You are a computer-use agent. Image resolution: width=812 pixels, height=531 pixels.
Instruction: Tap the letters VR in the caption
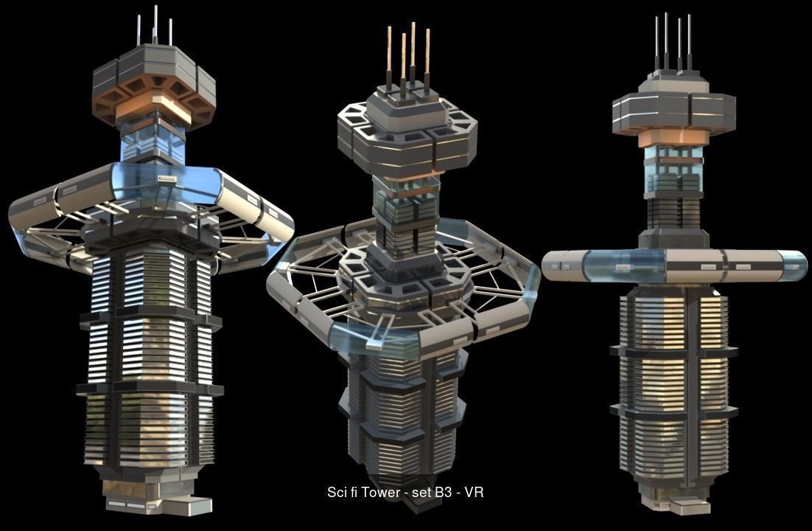[x=475, y=492]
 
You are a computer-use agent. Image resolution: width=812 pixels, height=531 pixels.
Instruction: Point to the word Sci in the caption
[x=337, y=492]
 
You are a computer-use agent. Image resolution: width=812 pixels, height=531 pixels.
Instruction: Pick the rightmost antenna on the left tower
[x=170, y=31]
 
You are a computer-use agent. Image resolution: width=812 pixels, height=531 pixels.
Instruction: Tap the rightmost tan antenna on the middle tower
[x=427, y=59]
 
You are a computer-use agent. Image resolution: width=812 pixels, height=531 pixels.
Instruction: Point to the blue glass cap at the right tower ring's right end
[x=792, y=265]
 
